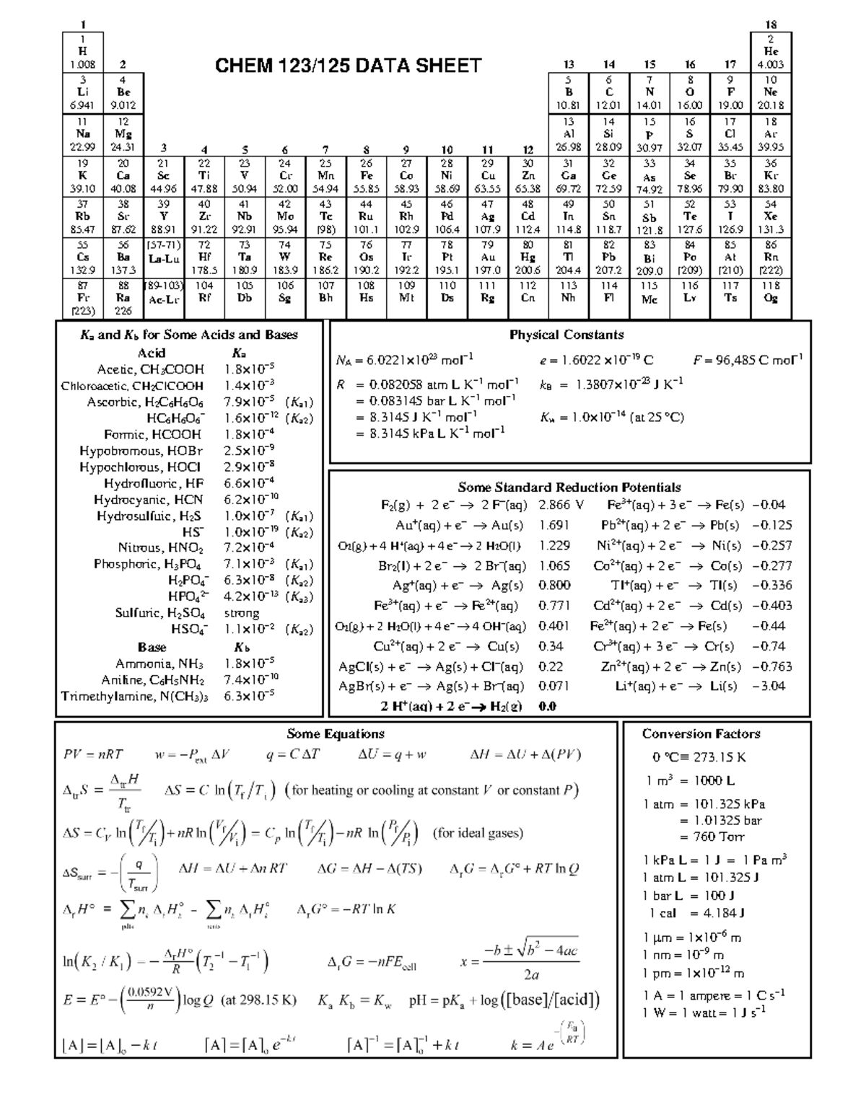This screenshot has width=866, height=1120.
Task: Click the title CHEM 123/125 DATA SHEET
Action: (x=348, y=66)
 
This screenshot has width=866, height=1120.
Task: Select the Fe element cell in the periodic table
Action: (x=367, y=175)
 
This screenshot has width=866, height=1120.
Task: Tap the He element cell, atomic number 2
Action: (x=771, y=51)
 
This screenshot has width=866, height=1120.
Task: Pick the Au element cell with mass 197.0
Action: (x=488, y=257)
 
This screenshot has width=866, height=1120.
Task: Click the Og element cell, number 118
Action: (x=771, y=298)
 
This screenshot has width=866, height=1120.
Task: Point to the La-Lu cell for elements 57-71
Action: (x=164, y=257)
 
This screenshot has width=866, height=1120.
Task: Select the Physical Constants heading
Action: (x=567, y=335)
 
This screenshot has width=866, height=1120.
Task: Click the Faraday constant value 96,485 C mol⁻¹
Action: (x=748, y=360)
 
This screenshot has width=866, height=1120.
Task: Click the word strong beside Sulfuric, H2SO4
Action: (x=241, y=613)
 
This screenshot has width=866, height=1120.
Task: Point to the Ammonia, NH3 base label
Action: (x=159, y=663)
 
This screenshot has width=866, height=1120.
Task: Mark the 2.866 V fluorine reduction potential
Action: (x=561, y=505)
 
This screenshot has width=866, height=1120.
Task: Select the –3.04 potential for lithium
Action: (x=769, y=687)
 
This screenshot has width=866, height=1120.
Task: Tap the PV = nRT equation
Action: (x=93, y=754)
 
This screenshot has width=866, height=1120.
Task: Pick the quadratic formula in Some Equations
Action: (x=519, y=962)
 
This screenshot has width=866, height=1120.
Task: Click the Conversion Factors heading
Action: (x=701, y=734)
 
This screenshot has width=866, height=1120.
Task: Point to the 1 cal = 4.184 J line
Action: (x=696, y=913)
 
